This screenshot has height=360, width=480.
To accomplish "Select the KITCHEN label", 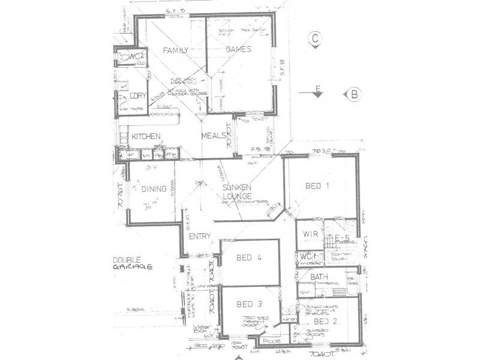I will (x=146, y=137).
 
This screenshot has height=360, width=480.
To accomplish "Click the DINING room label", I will (x=154, y=190).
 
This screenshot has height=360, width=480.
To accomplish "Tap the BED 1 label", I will (x=318, y=186).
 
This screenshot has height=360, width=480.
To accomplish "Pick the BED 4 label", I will (x=248, y=259).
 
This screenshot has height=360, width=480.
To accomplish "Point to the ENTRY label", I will (x=199, y=236).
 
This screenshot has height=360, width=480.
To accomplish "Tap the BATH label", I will (x=319, y=277).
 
